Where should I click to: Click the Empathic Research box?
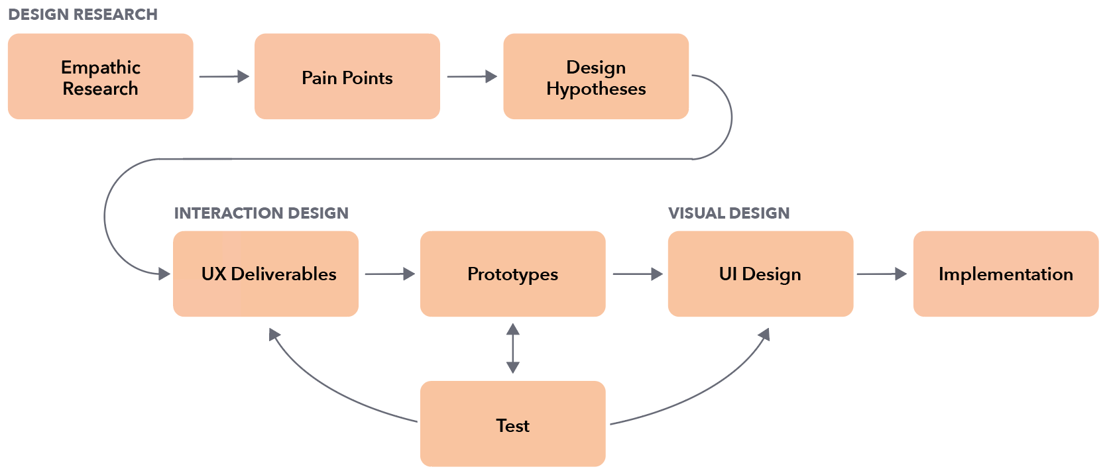pos(100,77)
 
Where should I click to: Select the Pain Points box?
pos(347,77)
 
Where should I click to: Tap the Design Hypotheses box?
pos(596,77)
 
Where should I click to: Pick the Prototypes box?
pos(512,274)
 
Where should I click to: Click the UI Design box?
pos(760,274)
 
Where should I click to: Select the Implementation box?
pos(1006,274)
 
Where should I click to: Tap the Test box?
pos(512,424)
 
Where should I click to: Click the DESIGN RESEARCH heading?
pos(83,15)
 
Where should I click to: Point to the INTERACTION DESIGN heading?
pos(261,213)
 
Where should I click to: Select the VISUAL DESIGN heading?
pos(728,213)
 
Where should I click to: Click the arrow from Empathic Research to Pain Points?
pos(224,77)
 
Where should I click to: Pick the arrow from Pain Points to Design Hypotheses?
pos(472,77)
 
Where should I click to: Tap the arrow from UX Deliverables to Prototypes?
pos(390,274)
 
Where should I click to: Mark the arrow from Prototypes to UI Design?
pos(638,274)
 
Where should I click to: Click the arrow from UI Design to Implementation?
pos(882,274)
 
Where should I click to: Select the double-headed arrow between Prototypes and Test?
pos(512,348)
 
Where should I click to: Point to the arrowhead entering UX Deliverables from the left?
pos(164,274)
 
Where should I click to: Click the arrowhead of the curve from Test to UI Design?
pos(764,334)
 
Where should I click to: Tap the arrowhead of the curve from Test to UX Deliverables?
pos(274,335)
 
